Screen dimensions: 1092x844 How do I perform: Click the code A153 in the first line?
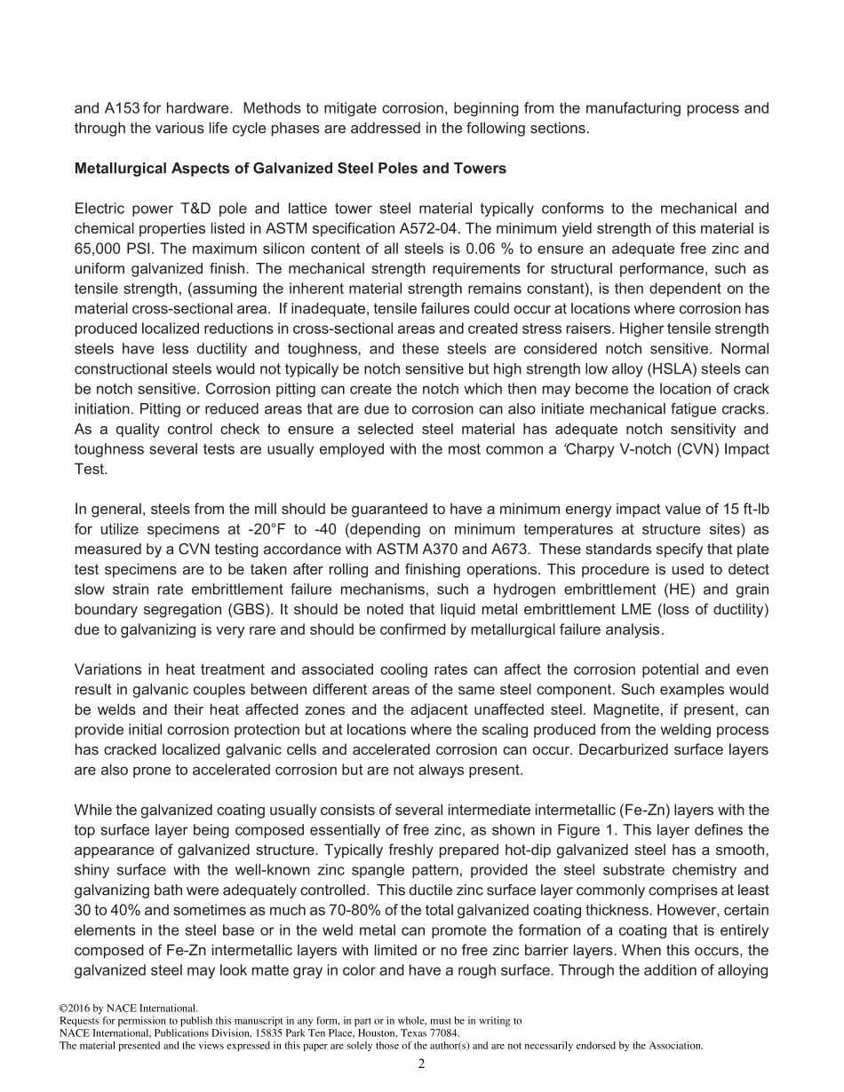[x=122, y=108]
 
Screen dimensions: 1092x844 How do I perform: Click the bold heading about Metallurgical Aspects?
[x=291, y=168]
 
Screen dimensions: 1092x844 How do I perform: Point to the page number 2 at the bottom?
[x=421, y=1064]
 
